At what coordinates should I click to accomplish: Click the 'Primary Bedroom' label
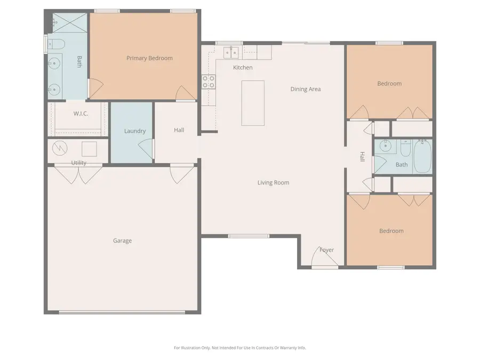(149, 58)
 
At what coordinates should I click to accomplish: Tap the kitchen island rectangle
(253, 103)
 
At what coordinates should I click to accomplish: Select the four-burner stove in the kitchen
(208, 82)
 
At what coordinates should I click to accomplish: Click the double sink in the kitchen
(231, 52)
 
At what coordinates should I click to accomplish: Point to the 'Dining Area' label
(306, 89)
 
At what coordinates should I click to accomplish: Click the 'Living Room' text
(273, 183)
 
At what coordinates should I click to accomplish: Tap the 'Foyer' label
(326, 250)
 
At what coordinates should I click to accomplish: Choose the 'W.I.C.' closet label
(81, 114)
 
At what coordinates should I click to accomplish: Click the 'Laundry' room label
(135, 131)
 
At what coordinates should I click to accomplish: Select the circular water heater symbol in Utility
(60, 148)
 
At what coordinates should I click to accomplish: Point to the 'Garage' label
(122, 241)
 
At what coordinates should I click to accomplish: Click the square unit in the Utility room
(89, 148)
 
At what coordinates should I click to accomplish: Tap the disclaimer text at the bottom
(239, 348)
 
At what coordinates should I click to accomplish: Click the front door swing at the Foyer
(324, 258)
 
